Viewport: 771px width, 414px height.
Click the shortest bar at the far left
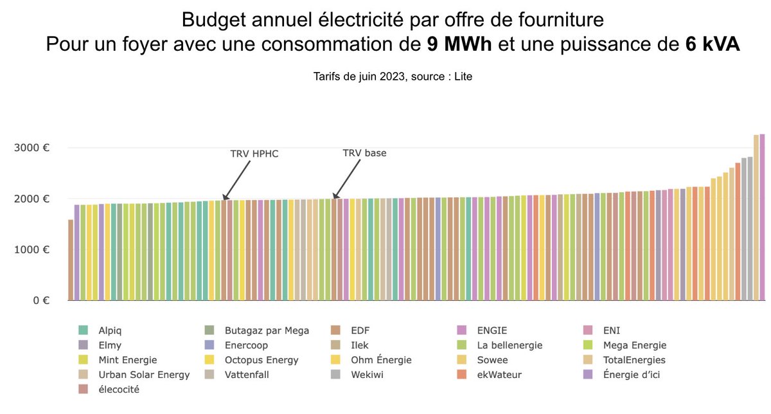pyautogui.click(x=71, y=260)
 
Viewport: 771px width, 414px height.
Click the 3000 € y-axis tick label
pyautogui.click(x=33, y=147)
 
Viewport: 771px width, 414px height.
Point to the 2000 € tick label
pyautogui.click(x=33, y=199)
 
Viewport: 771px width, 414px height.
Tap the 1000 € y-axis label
pyautogui.click(x=33, y=249)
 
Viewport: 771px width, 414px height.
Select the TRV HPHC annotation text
pyautogui.click(x=254, y=154)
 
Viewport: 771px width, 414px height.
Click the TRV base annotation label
pyautogui.click(x=364, y=153)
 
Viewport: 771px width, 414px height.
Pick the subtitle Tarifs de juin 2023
pyautogui.click(x=393, y=76)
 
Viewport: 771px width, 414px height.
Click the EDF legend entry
pyautogui.click(x=360, y=330)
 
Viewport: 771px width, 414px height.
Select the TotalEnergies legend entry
pyautogui.click(x=634, y=360)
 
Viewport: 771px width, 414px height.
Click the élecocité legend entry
pyautogui.click(x=119, y=390)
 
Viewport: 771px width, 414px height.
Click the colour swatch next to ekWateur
pyautogui.click(x=461, y=375)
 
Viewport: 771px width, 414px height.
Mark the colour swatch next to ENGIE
pyautogui.click(x=461, y=330)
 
